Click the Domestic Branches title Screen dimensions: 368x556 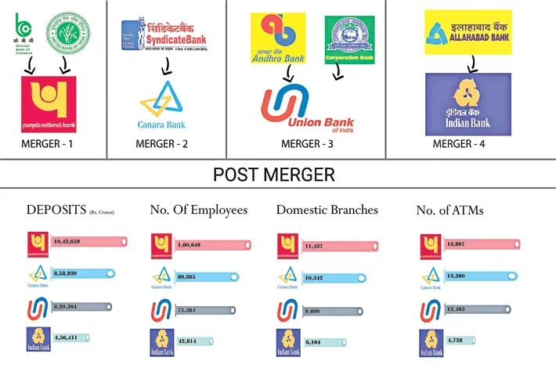pos(327,210)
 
